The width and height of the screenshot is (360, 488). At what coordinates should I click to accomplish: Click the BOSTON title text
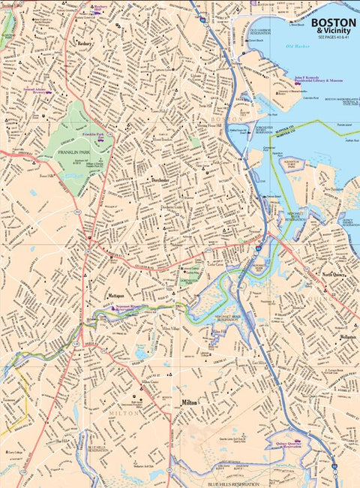pos(334,23)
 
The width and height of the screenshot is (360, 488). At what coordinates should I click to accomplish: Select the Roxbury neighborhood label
pos(85,44)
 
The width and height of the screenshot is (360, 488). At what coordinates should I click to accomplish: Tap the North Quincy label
pos(337,275)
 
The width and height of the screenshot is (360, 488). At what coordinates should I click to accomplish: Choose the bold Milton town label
pos(189,402)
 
